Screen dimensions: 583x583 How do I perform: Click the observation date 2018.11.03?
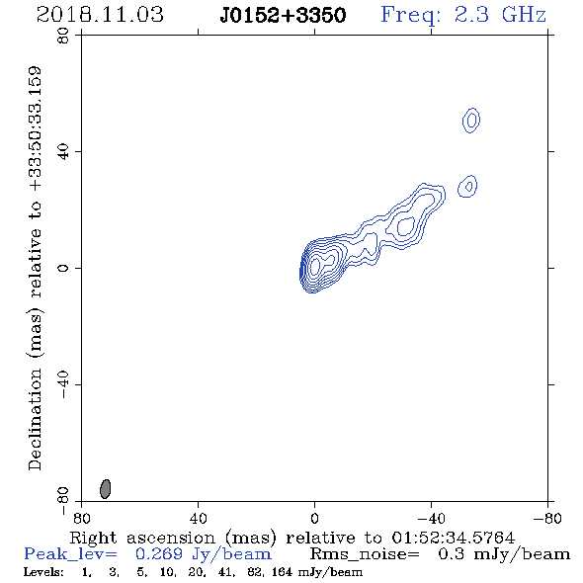click(x=100, y=15)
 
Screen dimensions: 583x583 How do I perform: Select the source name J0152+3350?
click(x=283, y=16)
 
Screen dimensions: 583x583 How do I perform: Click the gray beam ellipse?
click(x=106, y=489)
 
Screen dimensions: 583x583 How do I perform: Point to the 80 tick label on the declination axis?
click(x=63, y=36)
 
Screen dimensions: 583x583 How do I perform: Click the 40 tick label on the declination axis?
click(x=63, y=152)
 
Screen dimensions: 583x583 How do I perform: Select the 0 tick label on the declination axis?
click(x=63, y=268)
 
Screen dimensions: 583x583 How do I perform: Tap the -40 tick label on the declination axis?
click(x=63, y=384)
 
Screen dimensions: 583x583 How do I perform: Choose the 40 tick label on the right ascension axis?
click(x=198, y=518)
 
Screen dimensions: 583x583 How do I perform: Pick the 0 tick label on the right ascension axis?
click(x=314, y=518)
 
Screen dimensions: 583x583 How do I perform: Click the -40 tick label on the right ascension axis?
click(x=431, y=518)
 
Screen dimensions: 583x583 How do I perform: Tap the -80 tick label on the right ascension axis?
click(x=547, y=518)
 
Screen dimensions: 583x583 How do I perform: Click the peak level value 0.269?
click(x=159, y=554)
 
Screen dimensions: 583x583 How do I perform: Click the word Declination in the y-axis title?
click(x=35, y=420)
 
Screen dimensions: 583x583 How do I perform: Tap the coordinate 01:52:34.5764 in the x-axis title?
click(x=454, y=538)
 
